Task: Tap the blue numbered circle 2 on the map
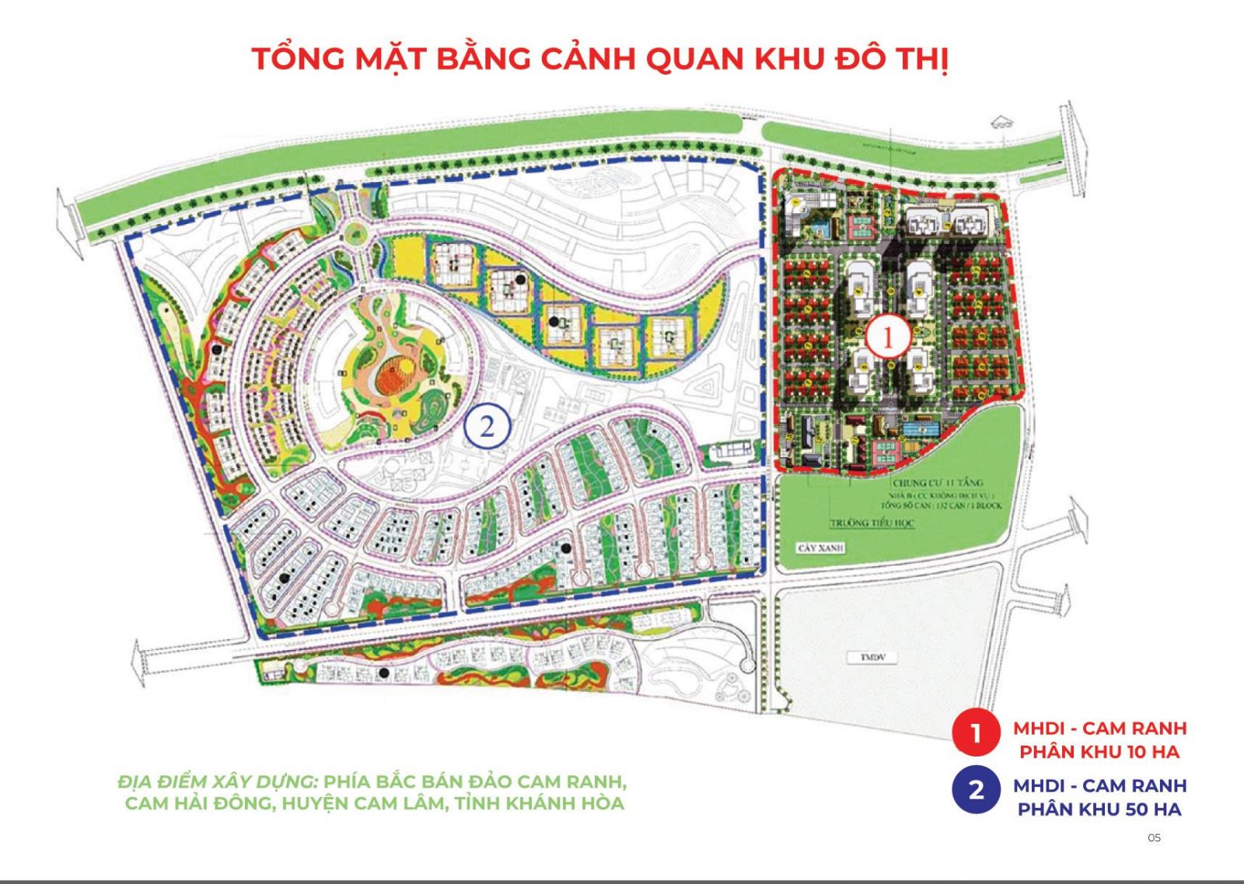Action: (x=487, y=427)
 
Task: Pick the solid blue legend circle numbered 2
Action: (x=975, y=790)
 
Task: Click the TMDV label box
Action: (x=868, y=658)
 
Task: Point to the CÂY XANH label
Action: (x=820, y=547)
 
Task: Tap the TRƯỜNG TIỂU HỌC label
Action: (x=872, y=522)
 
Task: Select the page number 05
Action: (x=1154, y=837)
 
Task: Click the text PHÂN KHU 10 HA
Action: (x=1099, y=752)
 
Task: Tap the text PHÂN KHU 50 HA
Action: (x=1099, y=809)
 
